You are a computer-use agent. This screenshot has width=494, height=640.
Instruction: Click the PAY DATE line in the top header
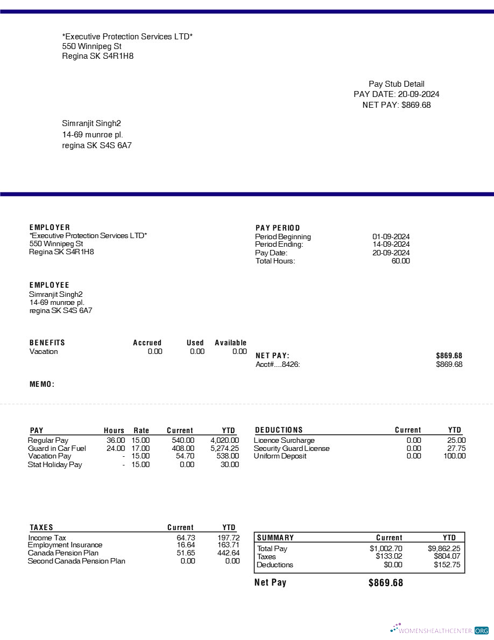pyautogui.click(x=396, y=94)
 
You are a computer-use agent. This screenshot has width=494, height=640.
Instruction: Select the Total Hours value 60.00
pyautogui.click(x=400, y=261)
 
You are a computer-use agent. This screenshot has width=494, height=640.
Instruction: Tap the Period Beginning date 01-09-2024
pyautogui.click(x=391, y=236)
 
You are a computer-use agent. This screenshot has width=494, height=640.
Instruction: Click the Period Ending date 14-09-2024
pyautogui.click(x=391, y=245)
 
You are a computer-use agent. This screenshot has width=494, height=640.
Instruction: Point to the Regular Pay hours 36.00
pyautogui.click(x=116, y=440)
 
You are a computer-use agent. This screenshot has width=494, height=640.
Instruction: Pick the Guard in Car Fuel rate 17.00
pyautogui.click(x=140, y=448)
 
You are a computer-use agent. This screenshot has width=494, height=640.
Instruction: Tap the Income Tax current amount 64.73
pyautogui.click(x=186, y=538)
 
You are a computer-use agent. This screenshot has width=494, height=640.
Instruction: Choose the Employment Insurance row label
pyautogui.click(x=65, y=545)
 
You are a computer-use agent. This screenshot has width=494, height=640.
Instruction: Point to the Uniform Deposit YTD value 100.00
pyautogui.click(x=455, y=456)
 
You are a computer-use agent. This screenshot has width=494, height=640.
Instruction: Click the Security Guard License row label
pyautogui.click(x=292, y=448)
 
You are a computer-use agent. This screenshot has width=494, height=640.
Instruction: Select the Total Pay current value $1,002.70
pyautogui.click(x=386, y=548)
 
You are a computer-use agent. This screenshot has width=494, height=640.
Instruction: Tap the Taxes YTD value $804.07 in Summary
pyautogui.click(x=447, y=556)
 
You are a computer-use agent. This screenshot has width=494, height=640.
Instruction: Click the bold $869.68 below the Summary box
pyautogui.click(x=385, y=583)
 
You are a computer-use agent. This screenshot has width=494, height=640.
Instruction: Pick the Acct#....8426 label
pyautogui.click(x=278, y=364)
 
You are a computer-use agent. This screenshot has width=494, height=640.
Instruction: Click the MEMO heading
pyautogui.click(x=42, y=384)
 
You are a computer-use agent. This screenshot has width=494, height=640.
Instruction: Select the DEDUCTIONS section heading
pyautogui.click(x=279, y=430)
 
